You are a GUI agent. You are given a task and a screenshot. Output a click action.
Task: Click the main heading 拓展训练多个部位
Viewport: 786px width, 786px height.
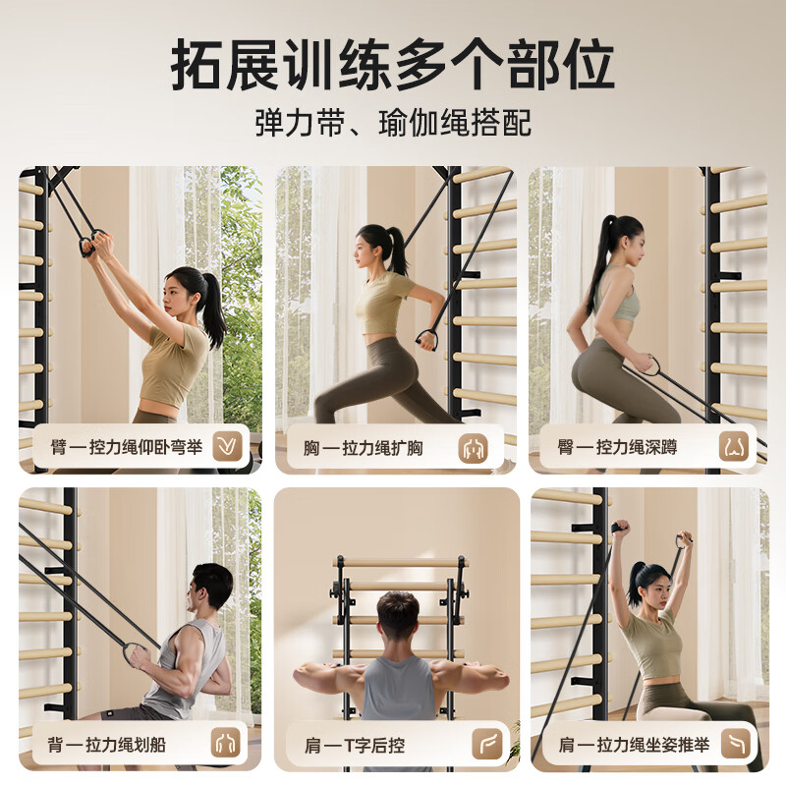[393, 66]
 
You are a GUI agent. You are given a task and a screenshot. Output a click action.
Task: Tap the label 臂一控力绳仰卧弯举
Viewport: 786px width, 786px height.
[127, 448]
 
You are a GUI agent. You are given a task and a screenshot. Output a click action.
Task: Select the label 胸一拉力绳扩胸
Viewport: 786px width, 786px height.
[363, 448]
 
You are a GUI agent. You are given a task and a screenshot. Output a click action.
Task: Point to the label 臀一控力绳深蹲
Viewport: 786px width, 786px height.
[617, 448]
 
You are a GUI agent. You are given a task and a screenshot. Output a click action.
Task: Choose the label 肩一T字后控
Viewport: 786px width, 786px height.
[357, 745]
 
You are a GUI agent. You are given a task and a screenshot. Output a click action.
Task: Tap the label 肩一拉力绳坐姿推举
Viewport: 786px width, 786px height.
[634, 745]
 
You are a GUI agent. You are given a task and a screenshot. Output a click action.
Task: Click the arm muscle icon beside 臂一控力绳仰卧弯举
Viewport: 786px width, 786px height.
[229, 448]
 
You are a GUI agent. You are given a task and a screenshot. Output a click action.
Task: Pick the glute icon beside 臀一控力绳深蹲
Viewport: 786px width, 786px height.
[734, 448]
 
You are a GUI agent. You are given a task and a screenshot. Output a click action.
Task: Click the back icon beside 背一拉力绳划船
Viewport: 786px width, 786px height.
[229, 745]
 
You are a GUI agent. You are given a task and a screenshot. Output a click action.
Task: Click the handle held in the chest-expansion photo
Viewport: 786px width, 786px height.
[426, 340]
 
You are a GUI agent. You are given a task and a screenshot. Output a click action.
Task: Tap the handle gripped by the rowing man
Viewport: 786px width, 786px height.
[138, 653]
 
